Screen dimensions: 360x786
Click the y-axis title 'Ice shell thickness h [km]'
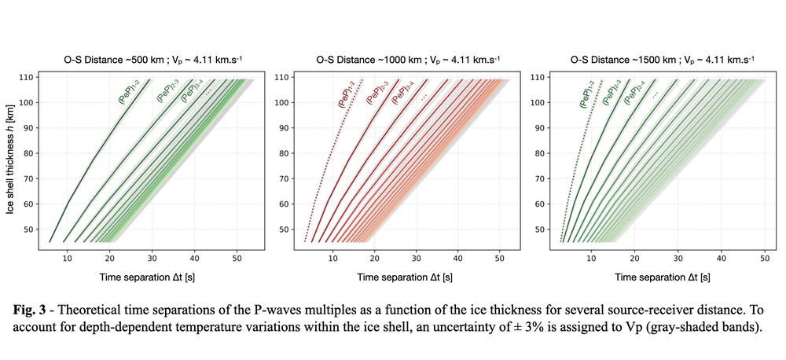11,160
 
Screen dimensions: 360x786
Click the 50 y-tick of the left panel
28,229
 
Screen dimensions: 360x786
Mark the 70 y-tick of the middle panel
282,178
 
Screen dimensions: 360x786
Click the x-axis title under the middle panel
405,277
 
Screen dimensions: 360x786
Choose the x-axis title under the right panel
662,277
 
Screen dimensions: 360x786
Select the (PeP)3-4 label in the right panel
634,93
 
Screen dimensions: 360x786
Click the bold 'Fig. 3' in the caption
33,309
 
